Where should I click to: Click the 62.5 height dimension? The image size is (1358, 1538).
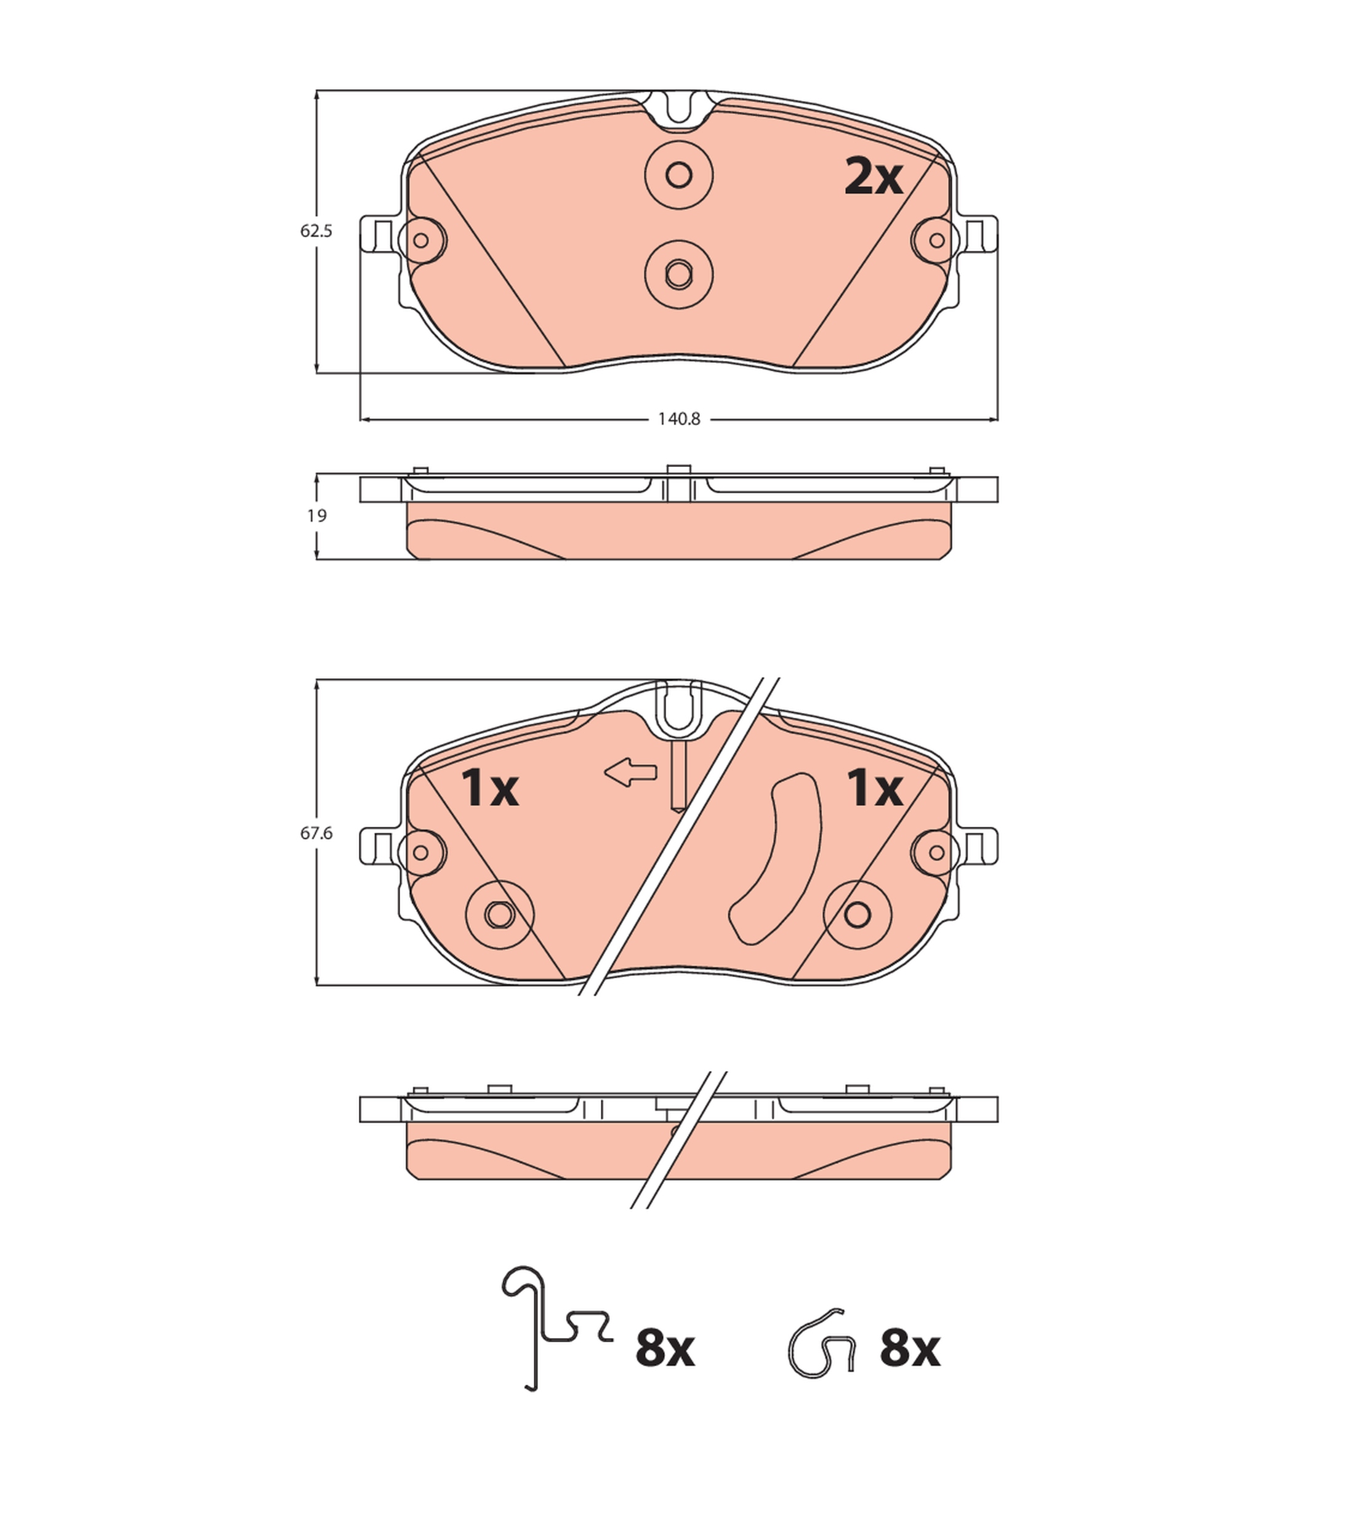tap(316, 231)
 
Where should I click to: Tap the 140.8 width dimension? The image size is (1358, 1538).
tap(679, 419)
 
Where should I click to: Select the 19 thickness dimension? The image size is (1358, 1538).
tap(317, 516)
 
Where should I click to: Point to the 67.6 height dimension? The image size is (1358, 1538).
tap(316, 833)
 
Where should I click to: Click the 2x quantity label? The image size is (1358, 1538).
tap(873, 178)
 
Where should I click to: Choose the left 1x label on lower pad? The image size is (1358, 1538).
tap(490, 788)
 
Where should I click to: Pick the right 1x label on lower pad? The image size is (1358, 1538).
tap(874, 788)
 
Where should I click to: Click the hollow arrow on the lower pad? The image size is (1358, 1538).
tap(631, 772)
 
